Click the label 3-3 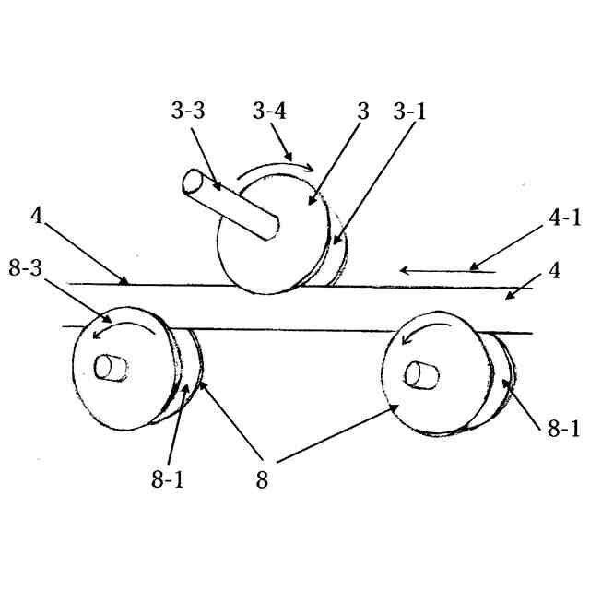tap(189, 112)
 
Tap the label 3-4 tap(270, 112)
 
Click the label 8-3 tap(25, 266)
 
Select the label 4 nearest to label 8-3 tap(36, 218)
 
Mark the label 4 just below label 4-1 tap(555, 271)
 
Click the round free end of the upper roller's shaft tap(195, 182)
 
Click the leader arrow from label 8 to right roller tap(336, 432)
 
